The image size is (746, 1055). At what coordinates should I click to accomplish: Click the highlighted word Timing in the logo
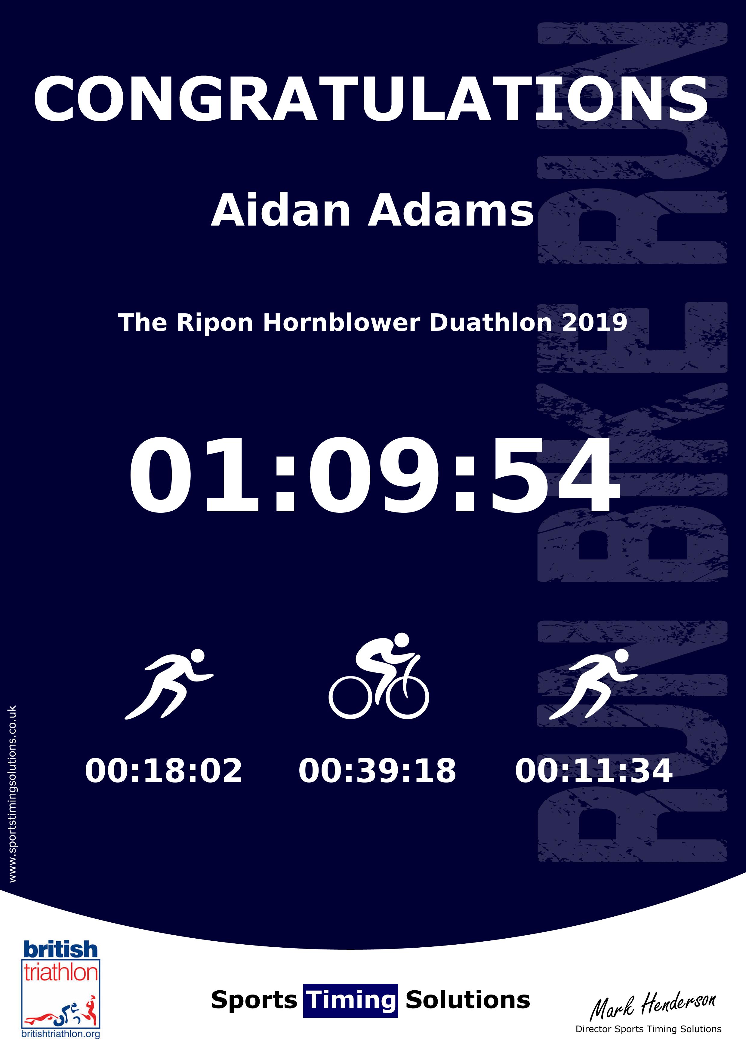click(x=351, y=1000)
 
